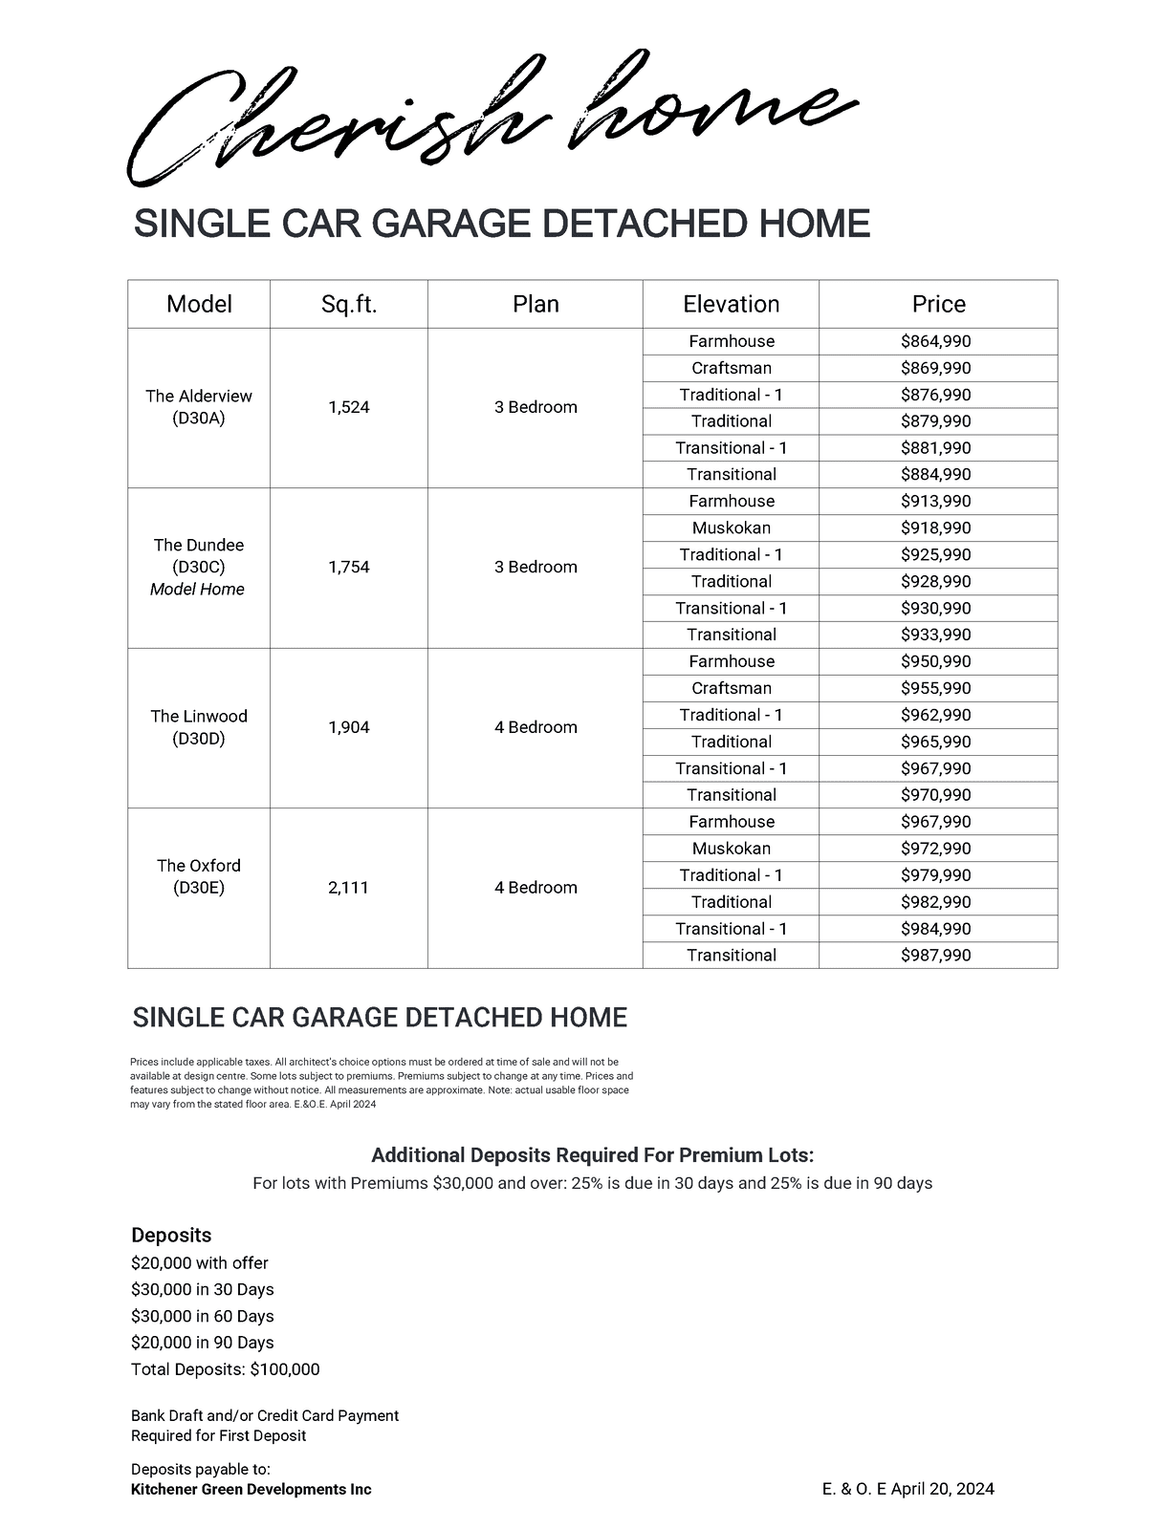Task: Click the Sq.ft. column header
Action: point(349,304)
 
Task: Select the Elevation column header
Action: point(731,304)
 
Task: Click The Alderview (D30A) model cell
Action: point(199,407)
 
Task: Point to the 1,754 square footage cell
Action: point(348,567)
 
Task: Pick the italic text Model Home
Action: point(197,590)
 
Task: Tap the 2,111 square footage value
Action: point(348,888)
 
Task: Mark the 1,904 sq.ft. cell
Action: point(348,727)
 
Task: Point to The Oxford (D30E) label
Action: point(199,876)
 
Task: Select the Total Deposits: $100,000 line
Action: point(226,1369)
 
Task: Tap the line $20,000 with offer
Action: point(200,1262)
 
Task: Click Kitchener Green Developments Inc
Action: point(251,1489)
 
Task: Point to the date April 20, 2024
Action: point(942,1489)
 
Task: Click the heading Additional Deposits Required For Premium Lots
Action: point(592,1155)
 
